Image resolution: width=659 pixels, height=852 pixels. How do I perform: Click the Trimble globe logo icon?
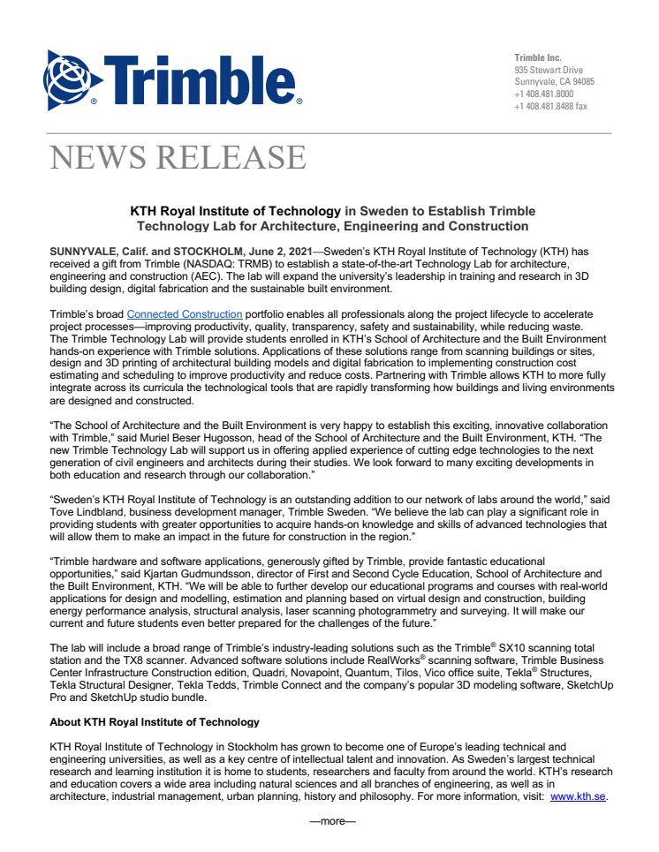(x=73, y=79)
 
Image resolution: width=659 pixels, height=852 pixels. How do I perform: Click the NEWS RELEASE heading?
(x=178, y=157)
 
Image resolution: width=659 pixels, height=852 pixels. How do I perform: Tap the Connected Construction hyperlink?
(x=185, y=314)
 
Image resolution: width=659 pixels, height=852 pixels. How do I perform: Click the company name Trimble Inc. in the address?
(x=538, y=57)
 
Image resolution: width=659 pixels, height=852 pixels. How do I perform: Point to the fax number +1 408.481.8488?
(x=550, y=106)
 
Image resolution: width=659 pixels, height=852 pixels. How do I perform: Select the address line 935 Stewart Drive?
(x=549, y=70)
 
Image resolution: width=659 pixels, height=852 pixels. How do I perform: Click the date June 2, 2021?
(x=280, y=252)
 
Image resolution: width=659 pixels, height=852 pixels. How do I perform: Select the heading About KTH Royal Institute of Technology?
(x=155, y=721)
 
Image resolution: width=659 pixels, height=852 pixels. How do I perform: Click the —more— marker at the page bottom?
(x=331, y=822)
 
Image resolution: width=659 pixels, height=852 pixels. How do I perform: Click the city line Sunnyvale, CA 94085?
(x=554, y=81)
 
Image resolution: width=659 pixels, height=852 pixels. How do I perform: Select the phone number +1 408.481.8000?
(x=543, y=94)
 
